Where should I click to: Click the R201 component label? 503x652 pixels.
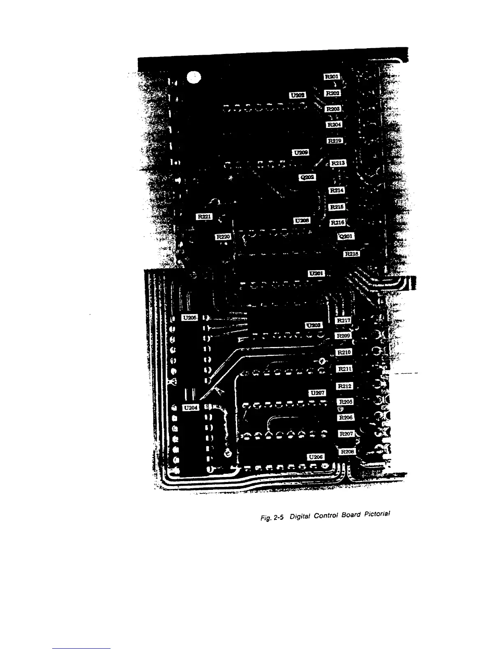pyautogui.click(x=331, y=77)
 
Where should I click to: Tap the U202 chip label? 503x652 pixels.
pyautogui.click(x=298, y=95)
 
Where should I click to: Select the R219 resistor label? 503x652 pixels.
pyautogui.click(x=335, y=141)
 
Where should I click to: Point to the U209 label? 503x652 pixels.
pyautogui.click(x=301, y=153)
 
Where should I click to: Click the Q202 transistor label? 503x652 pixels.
pyautogui.click(x=307, y=177)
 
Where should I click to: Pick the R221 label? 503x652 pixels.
pyautogui.click(x=204, y=217)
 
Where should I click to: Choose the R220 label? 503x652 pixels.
pyautogui.click(x=224, y=237)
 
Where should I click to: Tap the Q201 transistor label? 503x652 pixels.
pyautogui.click(x=346, y=236)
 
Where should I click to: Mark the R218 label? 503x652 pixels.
pyautogui.click(x=352, y=254)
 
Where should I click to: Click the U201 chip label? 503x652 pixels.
pyautogui.click(x=317, y=273)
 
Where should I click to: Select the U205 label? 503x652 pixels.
pyautogui.click(x=190, y=318)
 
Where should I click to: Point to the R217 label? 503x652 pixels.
pyautogui.click(x=343, y=320)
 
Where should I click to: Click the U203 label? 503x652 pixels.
pyautogui.click(x=314, y=325)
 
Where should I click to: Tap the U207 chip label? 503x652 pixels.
pyautogui.click(x=317, y=393)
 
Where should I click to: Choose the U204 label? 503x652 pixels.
pyautogui.click(x=191, y=408)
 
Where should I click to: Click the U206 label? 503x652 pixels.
pyautogui.click(x=316, y=457)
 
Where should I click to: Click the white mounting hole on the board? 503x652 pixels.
pyautogui.click(x=194, y=78)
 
